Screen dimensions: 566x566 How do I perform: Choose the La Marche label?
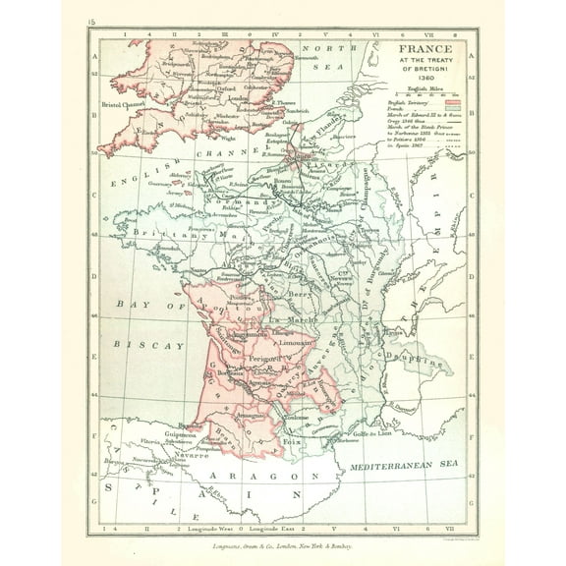point(287,319)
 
